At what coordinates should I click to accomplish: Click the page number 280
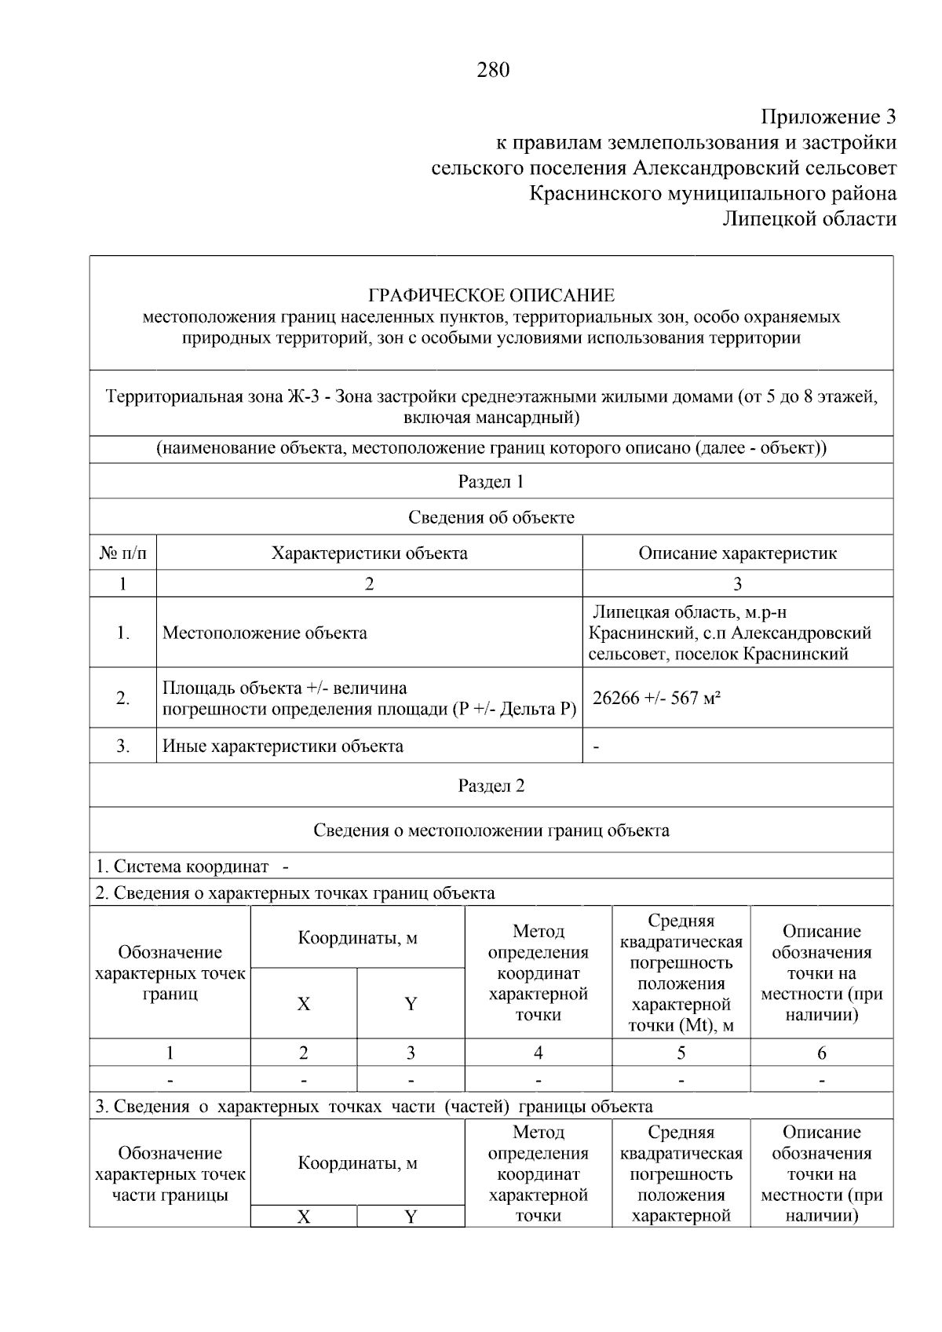click(492, 71)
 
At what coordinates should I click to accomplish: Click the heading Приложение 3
click(828, 118)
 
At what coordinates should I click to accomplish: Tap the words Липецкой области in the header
click(809, 219)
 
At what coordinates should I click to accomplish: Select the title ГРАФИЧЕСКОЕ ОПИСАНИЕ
click(491, 296)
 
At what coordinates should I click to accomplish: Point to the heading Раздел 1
click(491, 482)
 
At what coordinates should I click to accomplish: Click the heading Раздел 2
click(491, 786)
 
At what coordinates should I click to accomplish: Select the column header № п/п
click(122, 553)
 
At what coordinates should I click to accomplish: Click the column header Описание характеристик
click(737, 553)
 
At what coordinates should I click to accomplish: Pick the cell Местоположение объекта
click(265, 633)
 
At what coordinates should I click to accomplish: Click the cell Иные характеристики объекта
click(283, 746)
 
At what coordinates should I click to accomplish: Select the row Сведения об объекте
click(491, 517)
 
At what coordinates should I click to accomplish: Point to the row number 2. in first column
click(123, 698)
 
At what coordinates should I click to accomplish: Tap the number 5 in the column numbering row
click(681, 1053)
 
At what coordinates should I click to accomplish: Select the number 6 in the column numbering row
click(821, 1053)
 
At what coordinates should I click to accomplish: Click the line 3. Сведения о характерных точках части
click(374, 1107)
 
